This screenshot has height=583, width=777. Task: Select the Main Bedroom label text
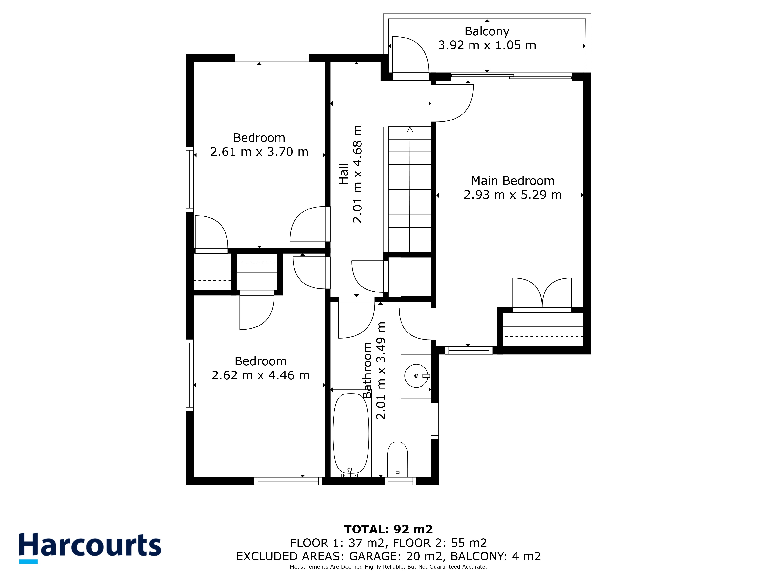coord(512,181)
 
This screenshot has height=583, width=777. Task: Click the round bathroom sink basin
coord(416,376)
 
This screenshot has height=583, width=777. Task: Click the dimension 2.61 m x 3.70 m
coord(259,152)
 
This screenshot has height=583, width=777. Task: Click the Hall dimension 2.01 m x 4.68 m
coord(357,174)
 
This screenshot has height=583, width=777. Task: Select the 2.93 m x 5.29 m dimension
coord(512,195)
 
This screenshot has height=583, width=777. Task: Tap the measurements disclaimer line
coord(388,567)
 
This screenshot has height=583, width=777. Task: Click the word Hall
coord(344,174)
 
